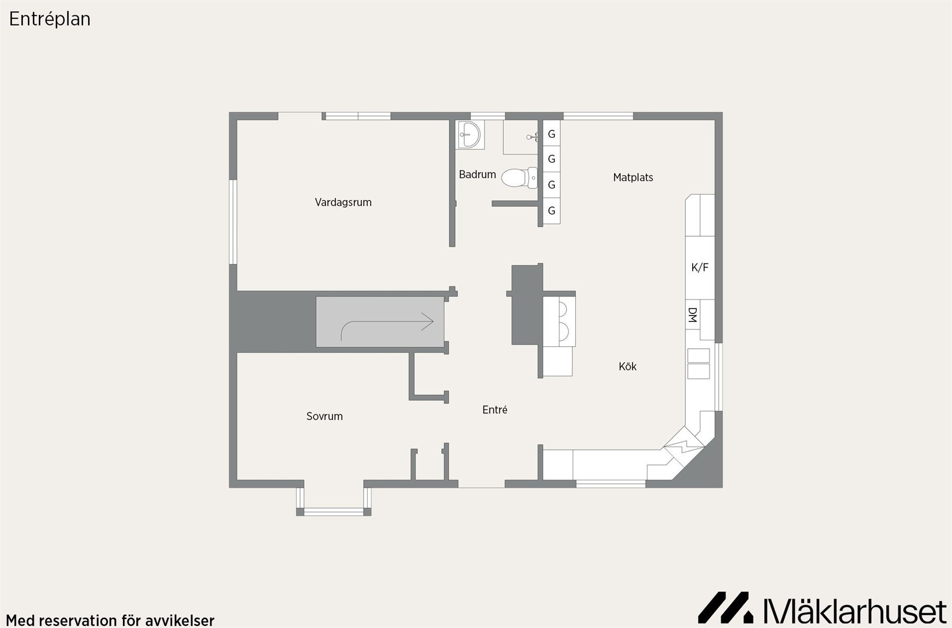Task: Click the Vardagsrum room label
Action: point(343,202)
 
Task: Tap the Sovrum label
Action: point(324,416)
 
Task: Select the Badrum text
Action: point(477,175)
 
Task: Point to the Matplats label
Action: point(633,178)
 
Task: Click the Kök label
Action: point(627,367)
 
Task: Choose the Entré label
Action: point(495,410)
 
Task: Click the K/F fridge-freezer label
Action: point(700,268)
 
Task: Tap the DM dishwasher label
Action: point(693,315)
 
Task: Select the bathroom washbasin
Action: point(469,134)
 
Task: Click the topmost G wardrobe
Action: point(551,133)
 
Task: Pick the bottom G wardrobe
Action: point(551,211)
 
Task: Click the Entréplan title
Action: point(50,19)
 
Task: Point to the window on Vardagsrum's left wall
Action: point(233,222)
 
